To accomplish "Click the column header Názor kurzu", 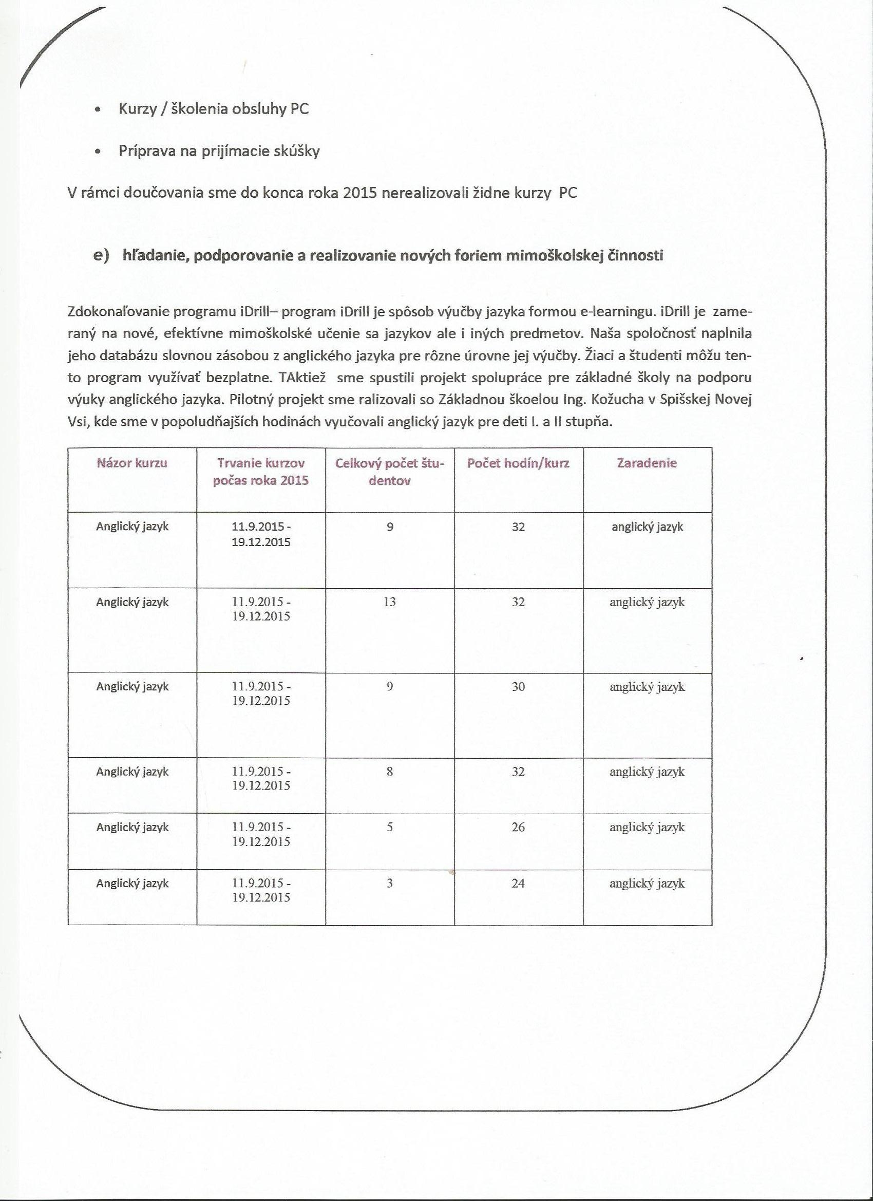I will point(132,463).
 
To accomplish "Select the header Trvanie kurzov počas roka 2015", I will point(260,472).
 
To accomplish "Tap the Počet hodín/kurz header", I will point(518,463).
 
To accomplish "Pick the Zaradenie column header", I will point(647,463).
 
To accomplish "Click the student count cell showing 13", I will point(390,602).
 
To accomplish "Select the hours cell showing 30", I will point(518,687).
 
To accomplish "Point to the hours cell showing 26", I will point(518,827).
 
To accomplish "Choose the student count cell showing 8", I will point(390,772).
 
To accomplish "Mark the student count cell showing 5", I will point(390,827).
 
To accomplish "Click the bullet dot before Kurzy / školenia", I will point(97,110).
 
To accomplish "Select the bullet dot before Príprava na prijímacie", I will point(97,152).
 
